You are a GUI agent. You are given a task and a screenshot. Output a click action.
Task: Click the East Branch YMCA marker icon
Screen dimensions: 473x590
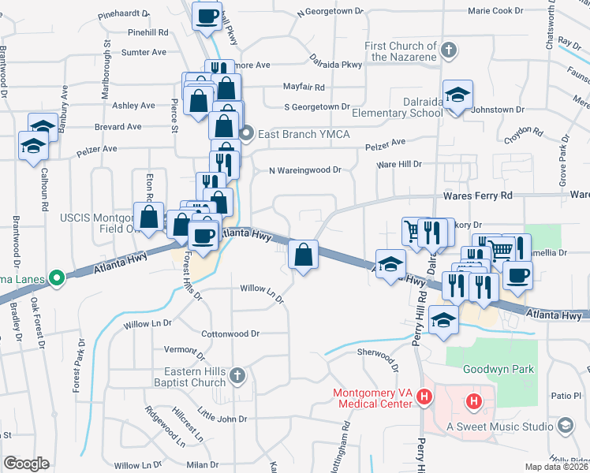click(247, 132)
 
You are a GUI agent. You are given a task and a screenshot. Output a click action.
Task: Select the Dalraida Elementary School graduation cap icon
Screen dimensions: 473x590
click(457, 95)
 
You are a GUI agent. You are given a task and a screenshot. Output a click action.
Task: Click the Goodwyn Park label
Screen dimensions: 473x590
click(499, 369)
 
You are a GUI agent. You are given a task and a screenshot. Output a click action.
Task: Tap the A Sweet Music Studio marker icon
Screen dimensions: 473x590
click(565, 426)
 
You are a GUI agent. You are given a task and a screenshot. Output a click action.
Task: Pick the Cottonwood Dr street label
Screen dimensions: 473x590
click(230, 333)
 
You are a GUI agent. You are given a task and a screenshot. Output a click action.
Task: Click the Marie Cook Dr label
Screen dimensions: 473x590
click(495, 11)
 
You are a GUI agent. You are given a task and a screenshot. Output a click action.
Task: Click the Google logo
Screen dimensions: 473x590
click(26, 464)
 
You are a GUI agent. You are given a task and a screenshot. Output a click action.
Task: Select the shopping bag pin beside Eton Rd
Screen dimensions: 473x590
click(148, 217)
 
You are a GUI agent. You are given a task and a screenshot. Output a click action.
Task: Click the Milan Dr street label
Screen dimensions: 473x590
click(203, 465)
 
